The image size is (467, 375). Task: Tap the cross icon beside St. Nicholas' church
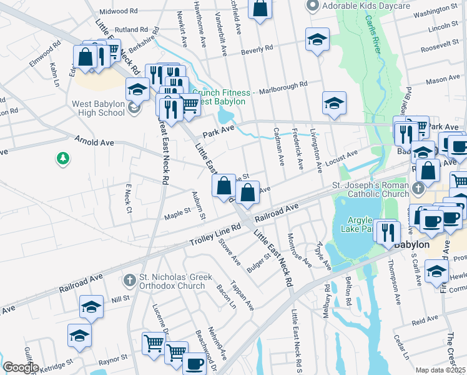pyautogui.click(x=129, y=278)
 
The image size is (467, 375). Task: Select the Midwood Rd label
pyautogui.click(x=119, y=11)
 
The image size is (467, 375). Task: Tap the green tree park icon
pyautogui.click(x=62, y=159)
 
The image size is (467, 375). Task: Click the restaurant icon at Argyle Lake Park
pyautogui.click(x=390, y=232)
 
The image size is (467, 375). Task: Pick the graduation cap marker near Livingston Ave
pyautogui.click(x=334, y=102)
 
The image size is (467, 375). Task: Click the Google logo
pyautogui.click(x=21, y=367)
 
